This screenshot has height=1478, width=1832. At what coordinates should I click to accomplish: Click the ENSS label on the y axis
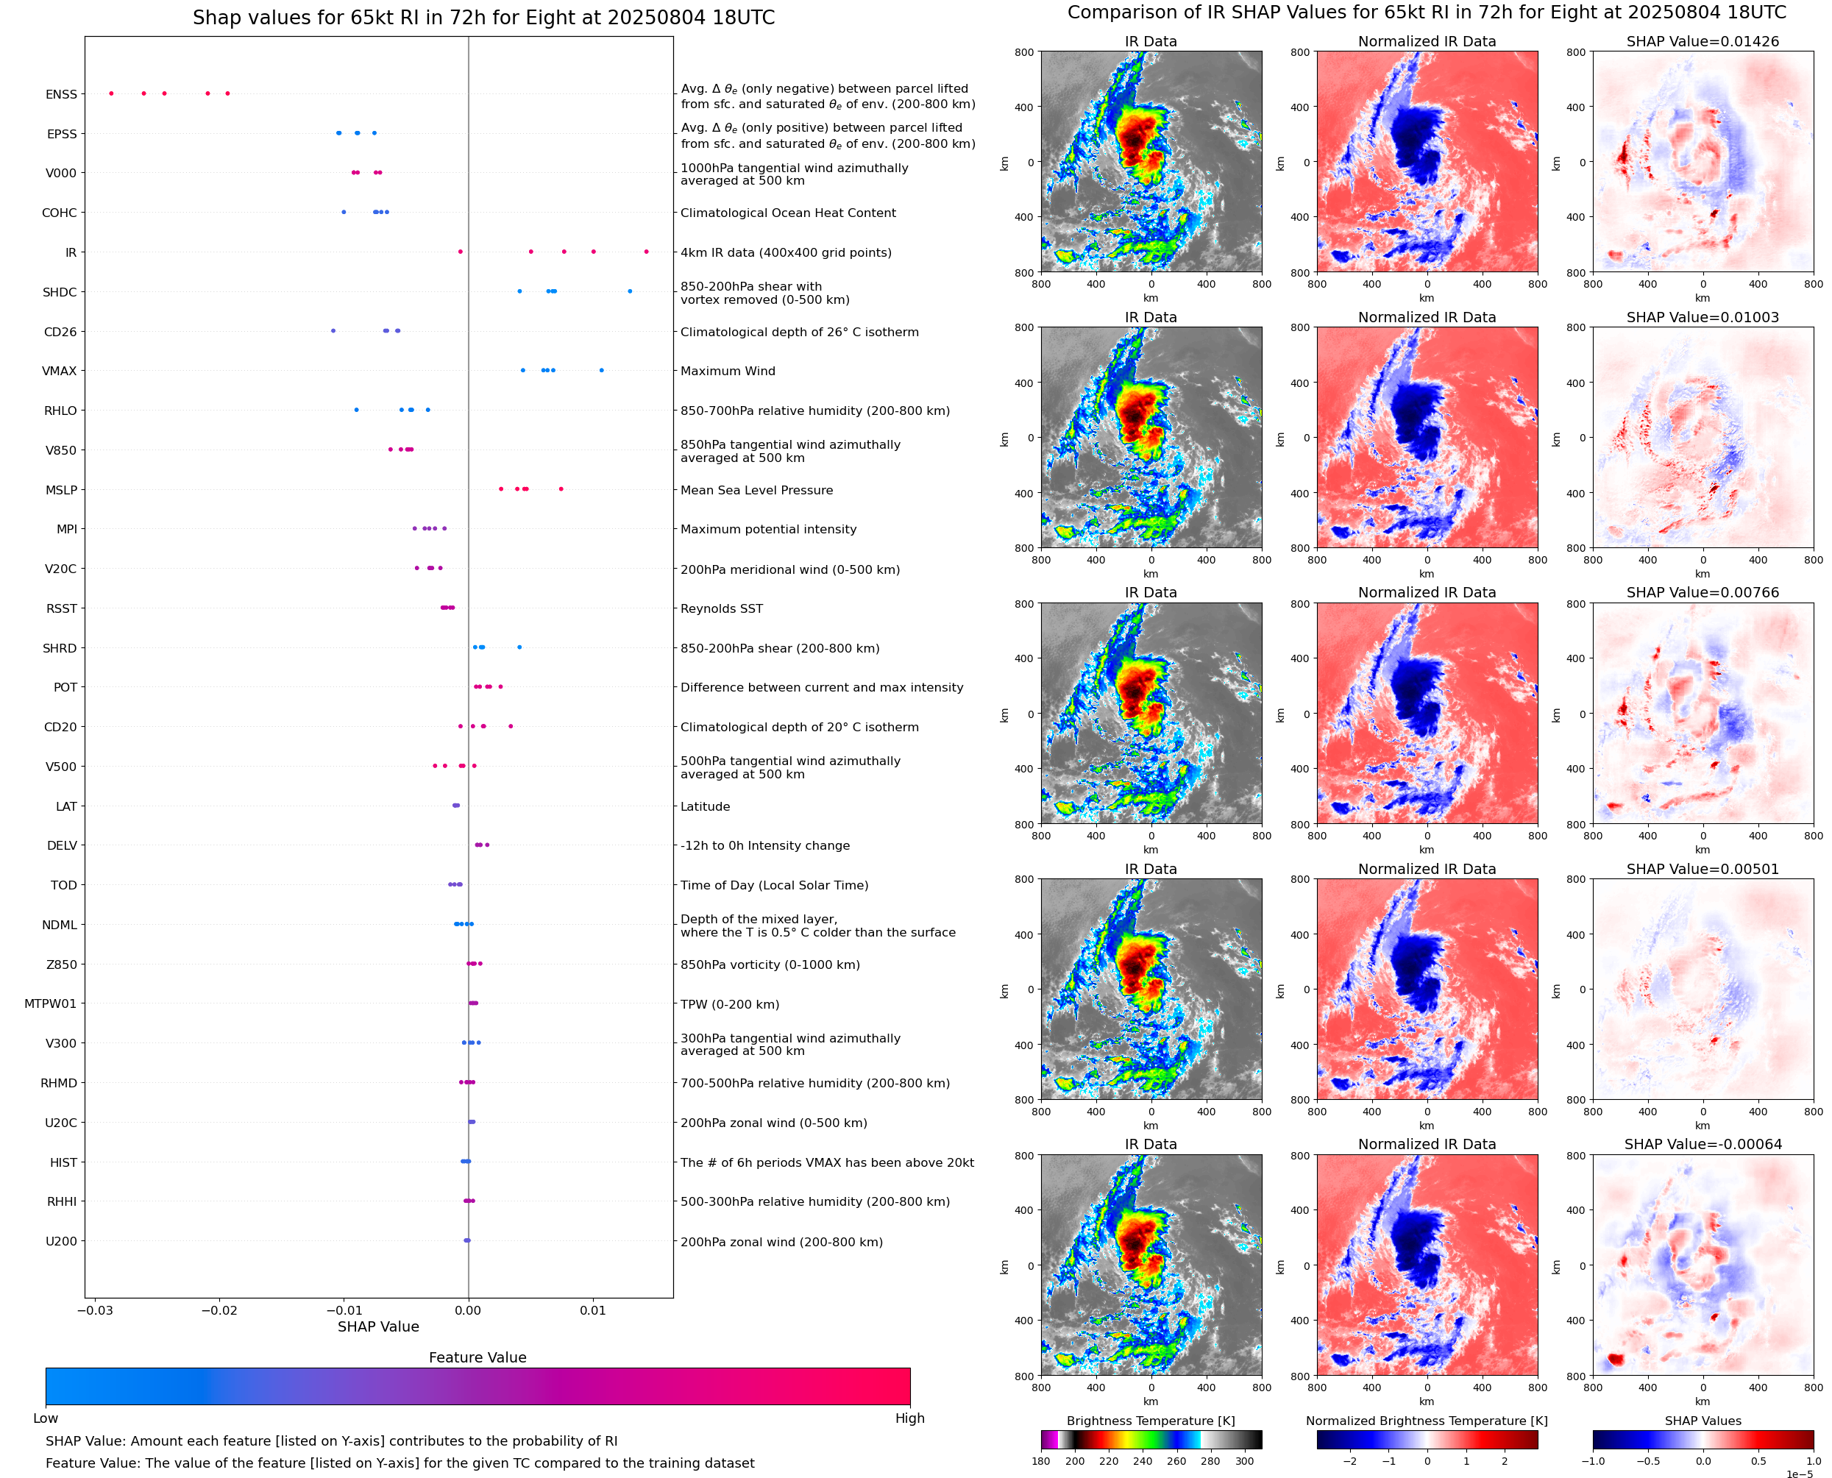coord(61,94)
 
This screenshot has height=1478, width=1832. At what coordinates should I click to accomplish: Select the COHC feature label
coord(60,213)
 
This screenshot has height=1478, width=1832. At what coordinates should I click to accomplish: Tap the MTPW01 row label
coord(50,1003)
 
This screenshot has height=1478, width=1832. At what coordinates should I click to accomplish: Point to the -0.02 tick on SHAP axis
coord(219,1310)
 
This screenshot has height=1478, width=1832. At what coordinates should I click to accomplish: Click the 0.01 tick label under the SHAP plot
coord(592,1310)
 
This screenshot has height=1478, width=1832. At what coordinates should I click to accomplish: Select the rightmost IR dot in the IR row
coord(646,252)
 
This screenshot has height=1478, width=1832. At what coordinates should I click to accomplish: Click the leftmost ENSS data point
coord(112,93)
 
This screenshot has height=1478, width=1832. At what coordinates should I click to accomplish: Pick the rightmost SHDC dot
coord(630,291)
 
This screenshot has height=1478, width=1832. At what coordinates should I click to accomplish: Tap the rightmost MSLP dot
coord(561,488)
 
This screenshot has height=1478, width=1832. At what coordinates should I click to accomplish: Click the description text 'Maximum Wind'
coord(728,372)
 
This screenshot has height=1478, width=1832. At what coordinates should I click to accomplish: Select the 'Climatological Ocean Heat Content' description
coord(787,213)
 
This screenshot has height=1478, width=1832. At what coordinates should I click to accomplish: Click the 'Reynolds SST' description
coord(721,608)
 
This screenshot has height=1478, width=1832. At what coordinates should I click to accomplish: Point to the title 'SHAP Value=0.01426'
coord(1703,42)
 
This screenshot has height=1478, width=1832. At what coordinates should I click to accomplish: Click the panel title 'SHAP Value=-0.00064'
coord(1703,1144)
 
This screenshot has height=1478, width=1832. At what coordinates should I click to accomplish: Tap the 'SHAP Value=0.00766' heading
coord(1703,592)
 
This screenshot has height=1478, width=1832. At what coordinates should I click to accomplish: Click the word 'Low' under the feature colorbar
coord(45,1418)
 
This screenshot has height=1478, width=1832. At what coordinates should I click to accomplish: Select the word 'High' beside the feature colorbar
coord(909,1418)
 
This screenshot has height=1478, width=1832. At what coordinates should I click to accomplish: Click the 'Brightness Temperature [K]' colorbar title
coord(1150,1421)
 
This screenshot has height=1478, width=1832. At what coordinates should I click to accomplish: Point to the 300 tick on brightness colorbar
coord(1245,1461)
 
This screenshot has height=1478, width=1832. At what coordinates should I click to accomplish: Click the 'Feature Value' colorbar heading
coord(477,1358)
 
